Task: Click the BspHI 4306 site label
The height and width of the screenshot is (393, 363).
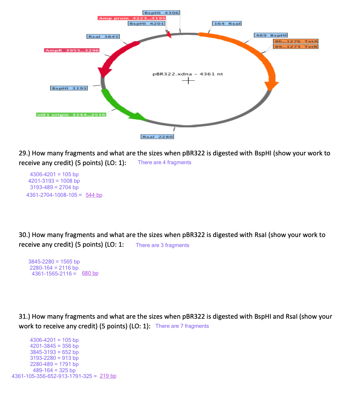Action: point(161,13)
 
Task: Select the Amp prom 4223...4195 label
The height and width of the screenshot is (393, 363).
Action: point(132,18)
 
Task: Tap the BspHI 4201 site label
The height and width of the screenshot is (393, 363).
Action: point(147,23)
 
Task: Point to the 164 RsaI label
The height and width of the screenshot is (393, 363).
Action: point(227,23)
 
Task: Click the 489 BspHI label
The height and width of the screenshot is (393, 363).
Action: point(271,35)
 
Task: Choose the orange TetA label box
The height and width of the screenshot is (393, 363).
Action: point(296,41)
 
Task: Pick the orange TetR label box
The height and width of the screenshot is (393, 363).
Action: point(296,47)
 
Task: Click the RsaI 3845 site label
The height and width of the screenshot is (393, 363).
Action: point(103,37)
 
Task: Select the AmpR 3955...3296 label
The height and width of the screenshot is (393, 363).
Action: point(72,51)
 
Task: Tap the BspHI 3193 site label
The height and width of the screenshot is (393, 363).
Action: point(69,88)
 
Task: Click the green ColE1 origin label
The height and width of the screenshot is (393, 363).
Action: point(71,115)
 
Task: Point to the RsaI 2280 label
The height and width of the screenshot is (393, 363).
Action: point(157,137)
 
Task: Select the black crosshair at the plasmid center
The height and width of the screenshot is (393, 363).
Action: point(188,80)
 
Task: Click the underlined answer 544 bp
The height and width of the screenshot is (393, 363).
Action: point(94,195)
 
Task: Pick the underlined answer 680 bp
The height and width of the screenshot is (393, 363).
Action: point(90,273)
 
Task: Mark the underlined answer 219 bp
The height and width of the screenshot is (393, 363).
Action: point(108,376)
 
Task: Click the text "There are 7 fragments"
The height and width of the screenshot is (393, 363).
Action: point(182,326)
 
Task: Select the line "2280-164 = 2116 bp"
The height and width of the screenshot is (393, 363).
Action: point(54,268)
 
